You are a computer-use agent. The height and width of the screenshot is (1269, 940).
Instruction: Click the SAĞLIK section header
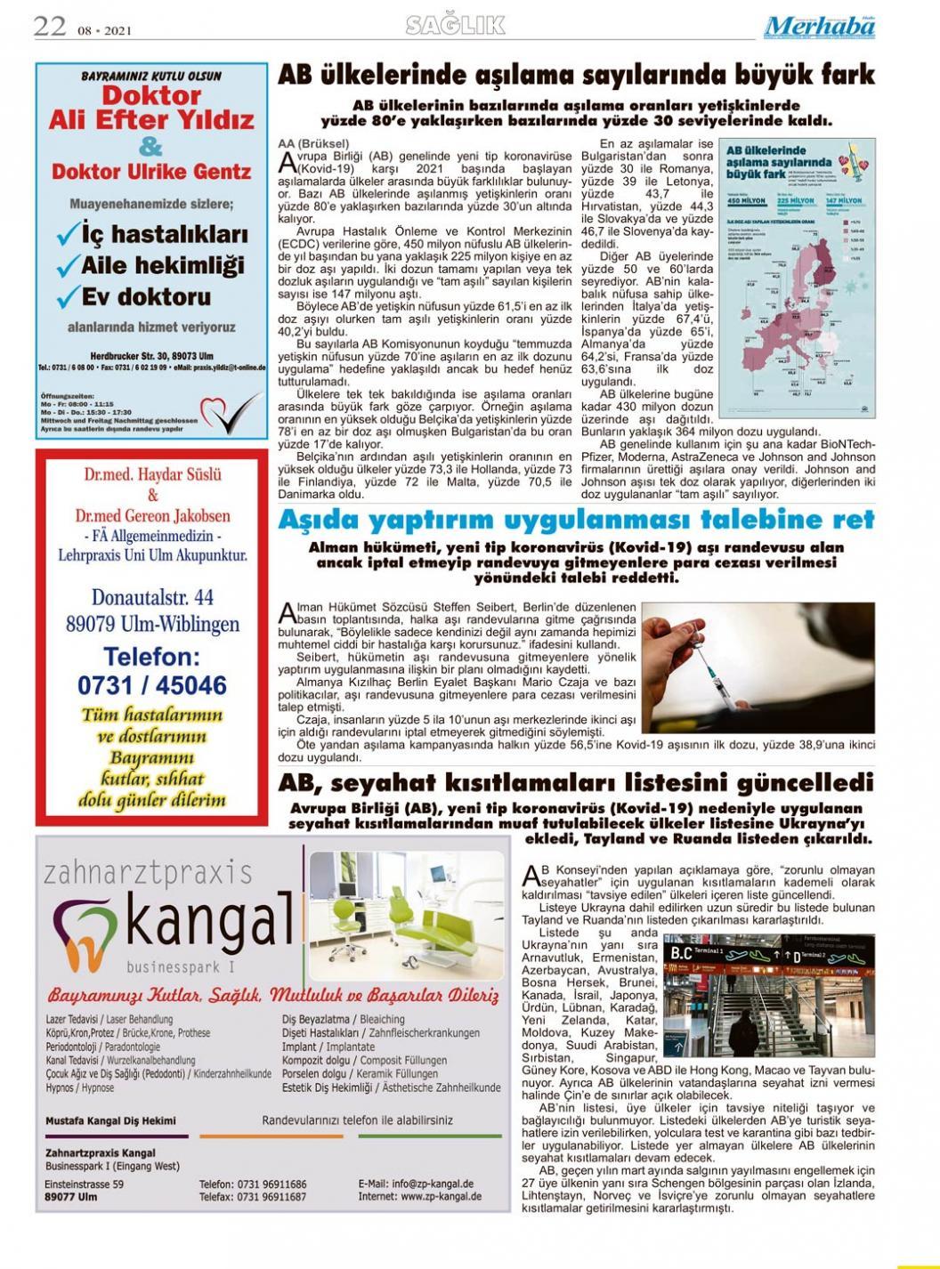[455, 26]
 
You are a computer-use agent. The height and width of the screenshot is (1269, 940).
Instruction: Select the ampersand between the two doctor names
[151, 146]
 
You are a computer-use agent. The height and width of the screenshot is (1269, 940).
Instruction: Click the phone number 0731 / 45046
[152, 685]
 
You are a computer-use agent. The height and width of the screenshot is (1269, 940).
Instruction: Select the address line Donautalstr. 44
[152, 597]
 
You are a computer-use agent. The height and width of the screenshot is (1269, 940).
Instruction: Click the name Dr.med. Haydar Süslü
[152, 474]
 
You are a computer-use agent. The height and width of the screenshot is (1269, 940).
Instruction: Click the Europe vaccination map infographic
[797, 278]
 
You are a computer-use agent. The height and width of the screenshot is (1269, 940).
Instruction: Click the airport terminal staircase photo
[769, 994]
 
